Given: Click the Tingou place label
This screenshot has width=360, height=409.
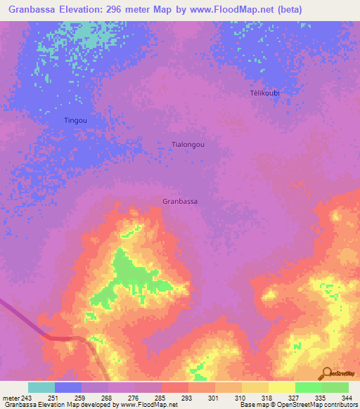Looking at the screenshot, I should coord(75,120).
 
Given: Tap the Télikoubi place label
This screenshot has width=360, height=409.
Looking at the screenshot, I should coord(265,93).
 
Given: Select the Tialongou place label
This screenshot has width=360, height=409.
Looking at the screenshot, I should coord(188,144).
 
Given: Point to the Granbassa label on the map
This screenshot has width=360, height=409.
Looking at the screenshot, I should coord(179,201).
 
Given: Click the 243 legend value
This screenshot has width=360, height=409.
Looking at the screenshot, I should coord(24,397).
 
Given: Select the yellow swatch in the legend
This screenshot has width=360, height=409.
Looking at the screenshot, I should coord(281,387).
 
